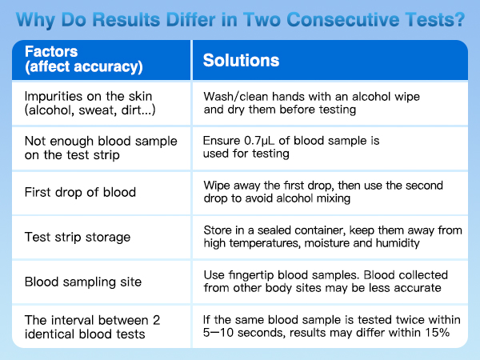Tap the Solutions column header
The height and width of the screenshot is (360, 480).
click(241, 61)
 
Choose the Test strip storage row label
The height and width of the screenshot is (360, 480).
click(77, 237)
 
